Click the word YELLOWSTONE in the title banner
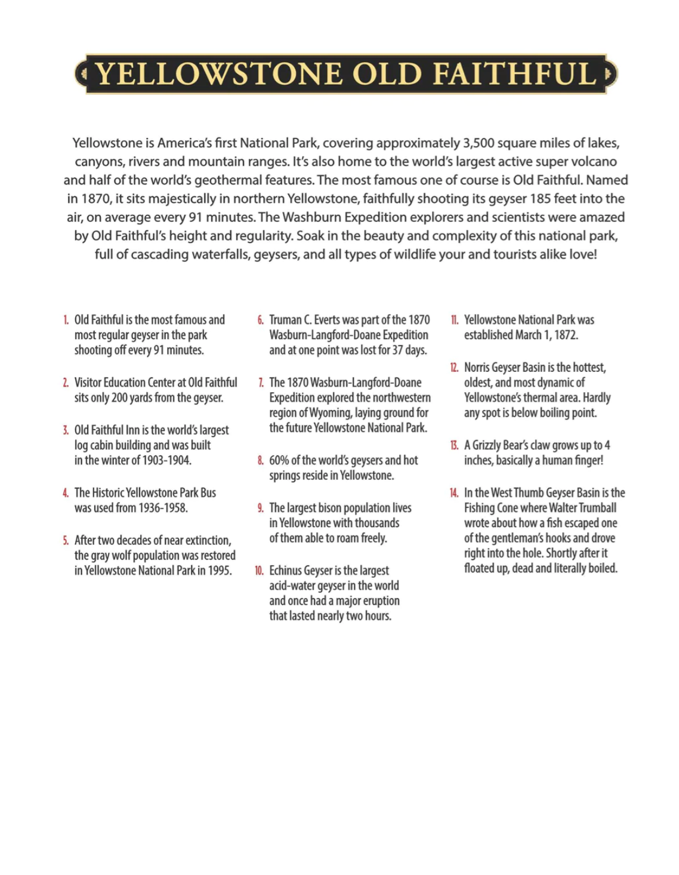(x=219, y=74)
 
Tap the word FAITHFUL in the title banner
(x=514, y=74)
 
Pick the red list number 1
(x=66, y=321)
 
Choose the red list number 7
(x=261, y=383)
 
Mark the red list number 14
(x=454, y=493)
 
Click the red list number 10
(x=259, y=571)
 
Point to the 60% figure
(x=279, y=461)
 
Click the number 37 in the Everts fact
(x=397, y=350)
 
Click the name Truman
(x=285, y=320)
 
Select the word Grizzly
(x=490, y=445)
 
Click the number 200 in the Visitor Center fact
(x=119, y=398)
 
